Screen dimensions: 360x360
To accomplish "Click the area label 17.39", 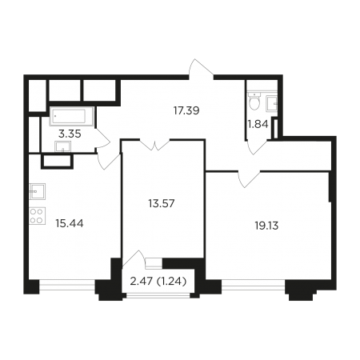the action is (186, 110).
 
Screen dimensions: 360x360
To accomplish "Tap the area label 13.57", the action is (162, 203).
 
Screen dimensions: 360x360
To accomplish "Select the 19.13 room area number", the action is (266, 226).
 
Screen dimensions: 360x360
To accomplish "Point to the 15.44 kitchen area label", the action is (70, 223).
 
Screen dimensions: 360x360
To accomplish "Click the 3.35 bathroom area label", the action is (70, 134).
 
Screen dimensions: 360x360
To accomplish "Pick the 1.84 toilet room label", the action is (258, 124).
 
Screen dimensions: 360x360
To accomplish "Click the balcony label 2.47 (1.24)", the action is (158, 281).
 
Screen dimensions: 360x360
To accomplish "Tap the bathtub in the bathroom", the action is (71, 116).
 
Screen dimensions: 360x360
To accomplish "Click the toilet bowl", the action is (254, 102).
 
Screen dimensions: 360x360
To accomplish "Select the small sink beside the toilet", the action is (272, 104).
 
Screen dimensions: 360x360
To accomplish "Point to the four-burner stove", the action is (37, 215).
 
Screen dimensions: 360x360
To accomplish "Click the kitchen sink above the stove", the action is (37, 191).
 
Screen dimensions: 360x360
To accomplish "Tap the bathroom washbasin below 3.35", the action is (63, 146).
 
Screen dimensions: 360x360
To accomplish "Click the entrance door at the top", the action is (202, 68).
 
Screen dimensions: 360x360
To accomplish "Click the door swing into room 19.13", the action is (249, 179).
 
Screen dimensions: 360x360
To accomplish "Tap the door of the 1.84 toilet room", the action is (257, 146).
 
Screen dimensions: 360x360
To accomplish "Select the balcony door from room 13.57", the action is (133, 259).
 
